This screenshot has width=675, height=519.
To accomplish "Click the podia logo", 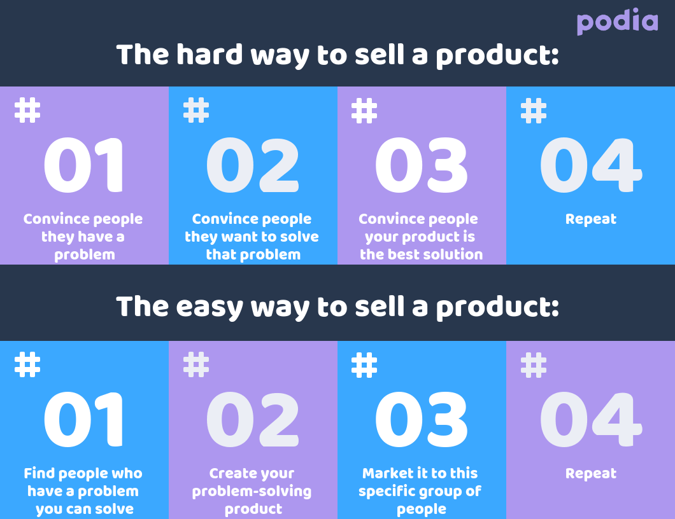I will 617,22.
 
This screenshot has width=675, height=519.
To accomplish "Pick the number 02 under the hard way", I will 253,166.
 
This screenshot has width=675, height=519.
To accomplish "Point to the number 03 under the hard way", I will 422,166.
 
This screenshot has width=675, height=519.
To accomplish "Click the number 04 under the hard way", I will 590,166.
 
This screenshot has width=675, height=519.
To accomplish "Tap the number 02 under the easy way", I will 253,420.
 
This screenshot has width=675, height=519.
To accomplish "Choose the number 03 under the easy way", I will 422,420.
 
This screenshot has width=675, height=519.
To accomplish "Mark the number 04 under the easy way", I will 590,420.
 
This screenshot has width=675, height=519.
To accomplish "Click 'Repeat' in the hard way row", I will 591,219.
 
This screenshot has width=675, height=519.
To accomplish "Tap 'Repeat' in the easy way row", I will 591,474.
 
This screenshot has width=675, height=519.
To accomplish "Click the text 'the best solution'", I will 422,254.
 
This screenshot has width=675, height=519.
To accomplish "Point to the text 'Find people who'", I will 83,474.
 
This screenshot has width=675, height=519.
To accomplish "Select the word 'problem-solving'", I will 252,492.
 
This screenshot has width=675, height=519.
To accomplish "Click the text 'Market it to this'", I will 420,474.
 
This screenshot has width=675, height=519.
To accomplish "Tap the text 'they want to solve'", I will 252,237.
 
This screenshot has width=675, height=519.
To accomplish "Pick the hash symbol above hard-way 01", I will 27,110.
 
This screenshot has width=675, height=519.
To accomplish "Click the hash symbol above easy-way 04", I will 534,364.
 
